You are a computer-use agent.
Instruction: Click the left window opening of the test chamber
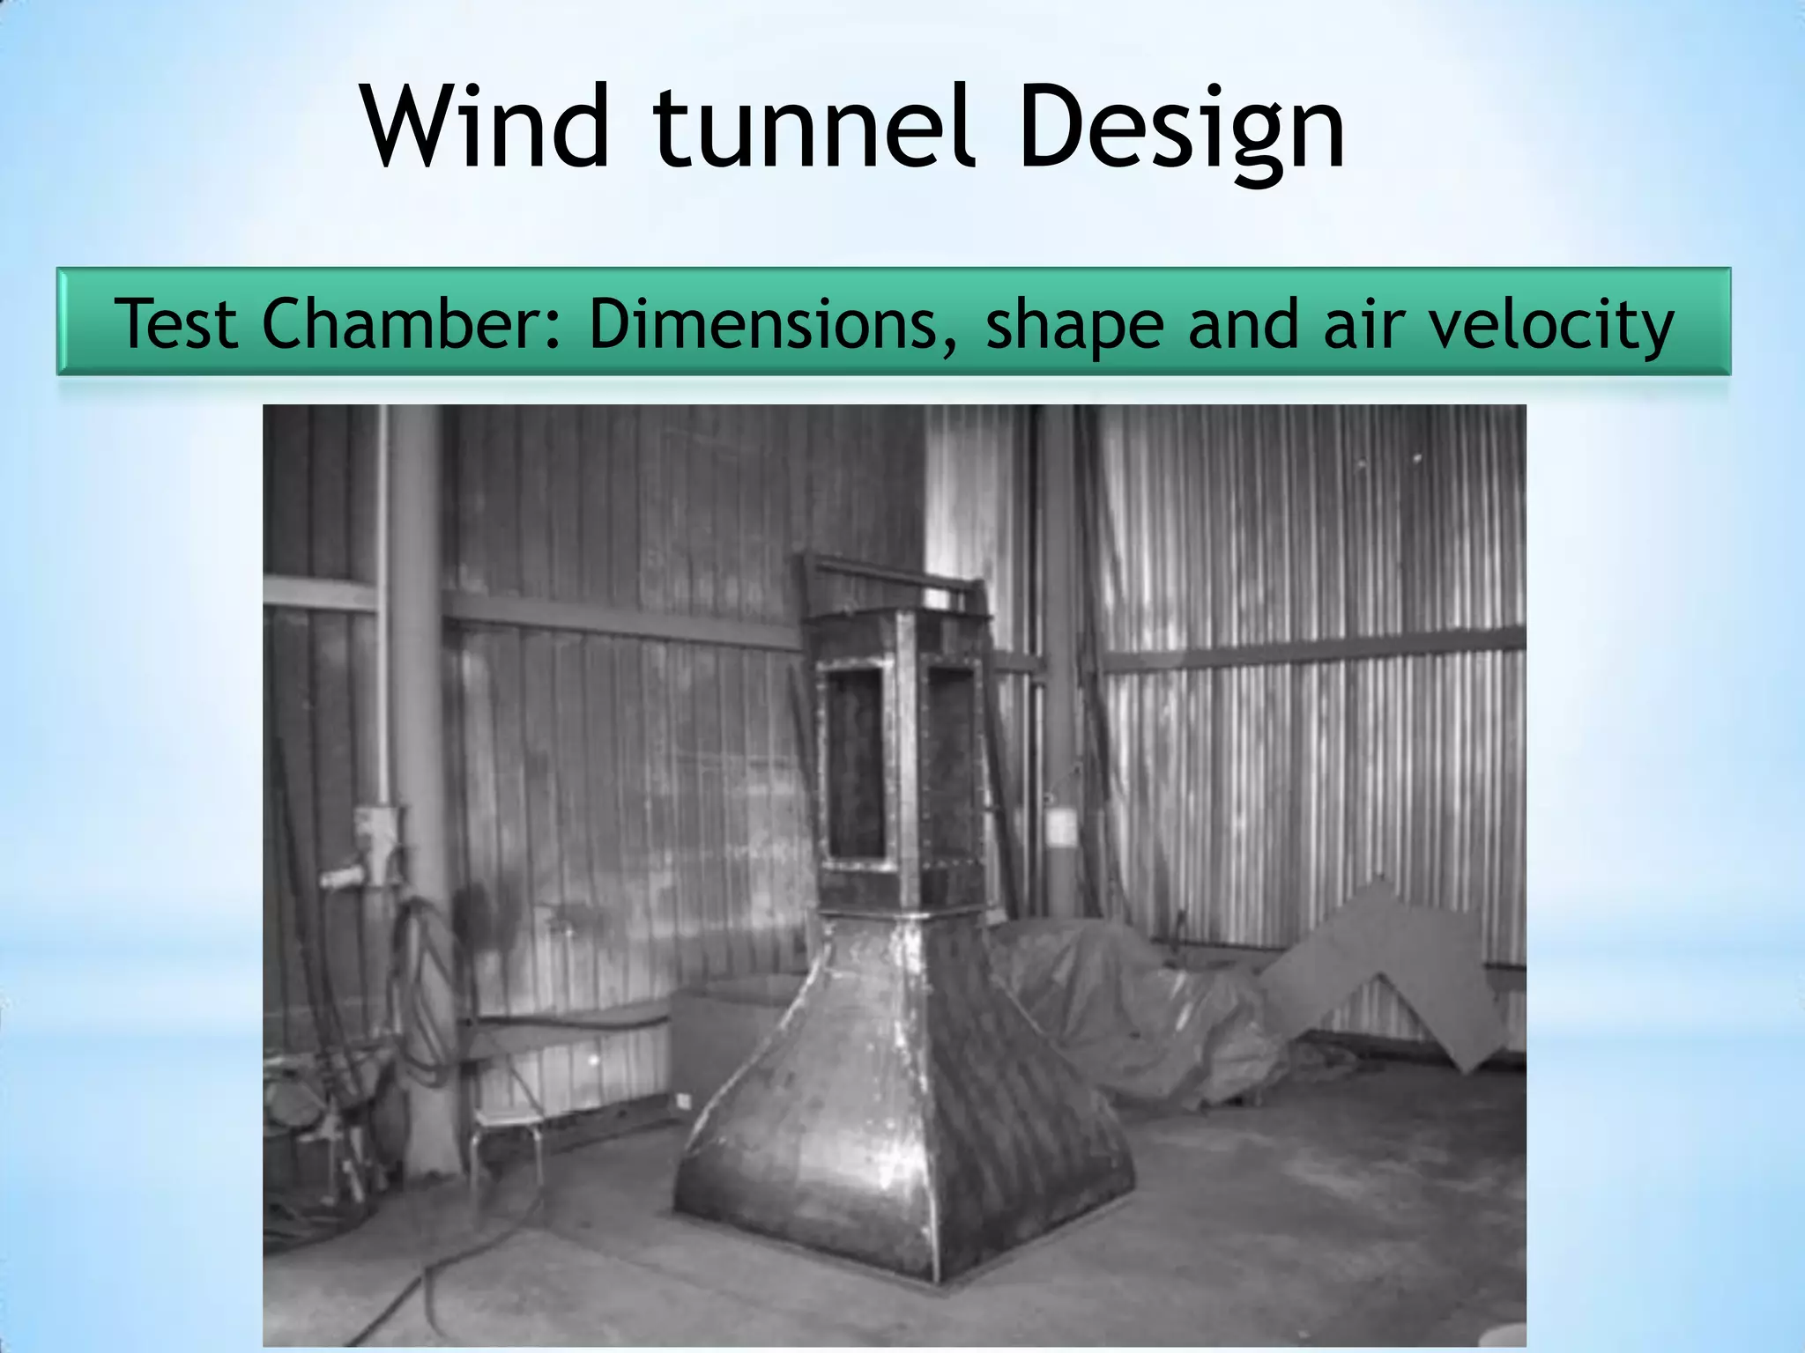854,761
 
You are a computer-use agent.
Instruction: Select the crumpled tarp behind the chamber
1146,1013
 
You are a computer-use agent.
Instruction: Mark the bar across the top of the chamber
890,573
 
